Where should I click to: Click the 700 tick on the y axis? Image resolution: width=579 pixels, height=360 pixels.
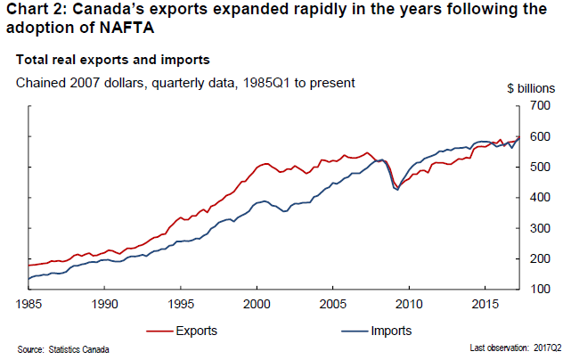click(x=541, y=106)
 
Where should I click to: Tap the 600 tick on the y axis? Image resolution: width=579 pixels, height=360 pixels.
click(x=541, y=136)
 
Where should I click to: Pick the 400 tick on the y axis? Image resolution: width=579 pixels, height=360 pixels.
click(x=541, y=198)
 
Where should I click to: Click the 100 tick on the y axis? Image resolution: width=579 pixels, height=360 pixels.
click(x=541, y=290)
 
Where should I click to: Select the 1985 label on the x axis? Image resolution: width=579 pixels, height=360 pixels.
click(x=29, y=303)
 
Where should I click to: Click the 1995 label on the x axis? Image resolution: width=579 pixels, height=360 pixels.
click(x=181, y=303)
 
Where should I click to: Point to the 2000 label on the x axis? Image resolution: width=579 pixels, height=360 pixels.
click(x=257, y=303)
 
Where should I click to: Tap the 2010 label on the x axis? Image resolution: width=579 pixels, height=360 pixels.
click(x=409, y=303)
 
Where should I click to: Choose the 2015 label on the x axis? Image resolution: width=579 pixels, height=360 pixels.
click(x=485, y=303)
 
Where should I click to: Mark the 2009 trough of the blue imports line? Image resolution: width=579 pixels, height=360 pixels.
click(x=396, y=190)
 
